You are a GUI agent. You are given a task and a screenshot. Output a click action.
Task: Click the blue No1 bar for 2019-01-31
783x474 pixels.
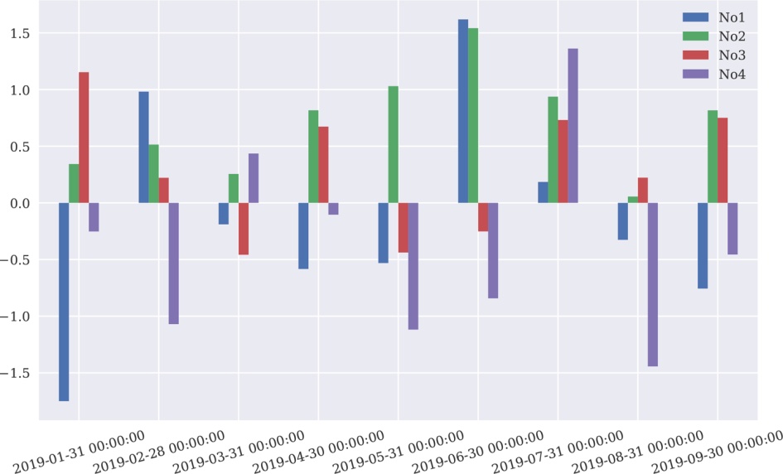(x=64, y=302)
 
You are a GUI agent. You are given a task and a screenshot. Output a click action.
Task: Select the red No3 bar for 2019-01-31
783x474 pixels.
(x=84, y=138)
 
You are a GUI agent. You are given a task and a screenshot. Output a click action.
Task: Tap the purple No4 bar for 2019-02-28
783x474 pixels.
(x=173, y=264)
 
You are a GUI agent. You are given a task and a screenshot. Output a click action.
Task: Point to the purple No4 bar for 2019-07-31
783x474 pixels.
(x=573, y=126)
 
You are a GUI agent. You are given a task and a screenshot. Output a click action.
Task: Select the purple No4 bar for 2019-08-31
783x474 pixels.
(x=653, y=284)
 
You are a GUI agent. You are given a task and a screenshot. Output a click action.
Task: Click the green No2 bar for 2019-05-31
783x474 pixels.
(x=394, y=144)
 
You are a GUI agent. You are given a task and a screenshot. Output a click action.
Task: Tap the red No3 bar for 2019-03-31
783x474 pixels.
(x=244, y=229)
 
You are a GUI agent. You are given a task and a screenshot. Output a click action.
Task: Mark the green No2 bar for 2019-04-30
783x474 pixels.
(x=313, y=157)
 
